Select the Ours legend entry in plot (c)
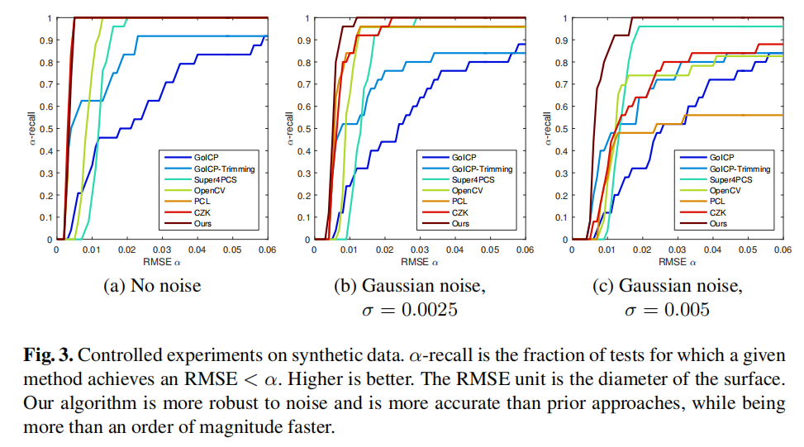tap(719, 223)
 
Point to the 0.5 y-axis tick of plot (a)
tap(47, 129)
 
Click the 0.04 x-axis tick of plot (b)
tap(454, 248)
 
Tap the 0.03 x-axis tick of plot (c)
tap(677, 248)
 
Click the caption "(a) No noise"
tap(152, 287)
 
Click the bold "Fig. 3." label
tap(49, 355)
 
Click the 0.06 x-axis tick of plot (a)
tap(267, 248)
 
